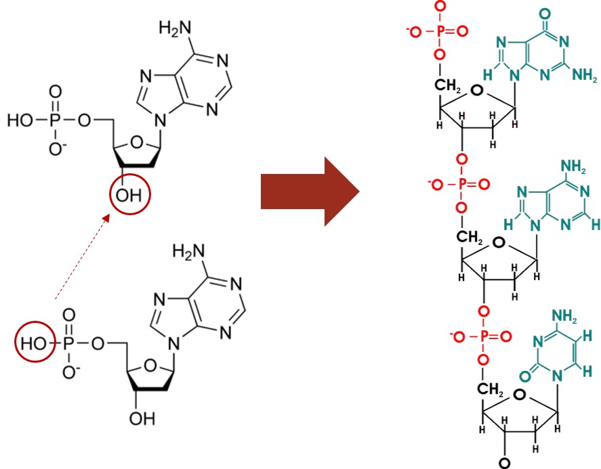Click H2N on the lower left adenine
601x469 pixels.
click(188, 252)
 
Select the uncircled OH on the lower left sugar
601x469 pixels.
click(142, 418)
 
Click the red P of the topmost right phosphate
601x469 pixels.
click(440, 31)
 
